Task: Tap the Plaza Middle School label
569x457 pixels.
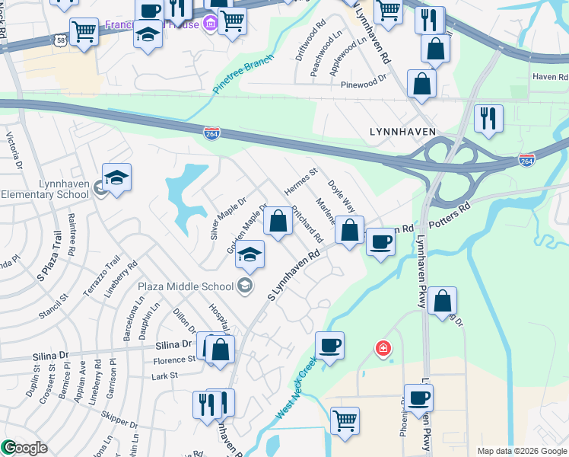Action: tap(186, 286)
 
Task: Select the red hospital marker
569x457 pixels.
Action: tap(383, 349)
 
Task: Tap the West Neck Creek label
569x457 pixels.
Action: tap(295, 390)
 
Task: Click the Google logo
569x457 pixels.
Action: tap(24, 448)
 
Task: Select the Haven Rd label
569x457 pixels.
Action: tap(550, 77)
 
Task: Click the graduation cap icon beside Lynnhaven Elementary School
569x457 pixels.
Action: tap(116, 178)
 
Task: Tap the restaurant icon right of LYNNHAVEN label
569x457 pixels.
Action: tap(488, 118)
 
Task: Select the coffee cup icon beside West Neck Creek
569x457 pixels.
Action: tap(329, 346)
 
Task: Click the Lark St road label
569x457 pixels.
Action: tap(164, 376)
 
